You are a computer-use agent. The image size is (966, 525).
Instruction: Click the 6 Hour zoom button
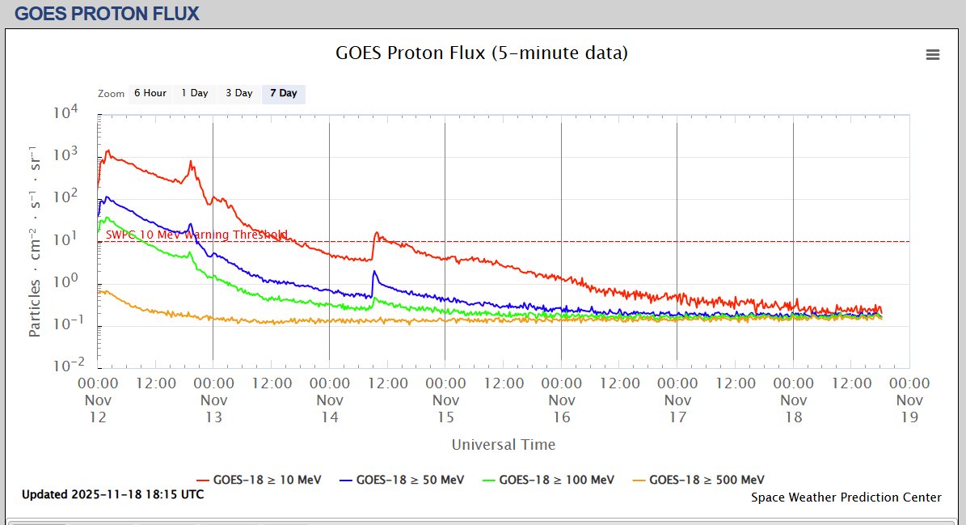click(150, 93)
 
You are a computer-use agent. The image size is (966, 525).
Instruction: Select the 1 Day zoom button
click(195, 93)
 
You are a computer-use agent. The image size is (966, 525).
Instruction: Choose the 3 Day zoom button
click(239, 93)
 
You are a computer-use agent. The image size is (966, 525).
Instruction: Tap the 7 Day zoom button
click(284, 93)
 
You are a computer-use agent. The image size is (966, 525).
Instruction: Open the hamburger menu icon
click(933, 54)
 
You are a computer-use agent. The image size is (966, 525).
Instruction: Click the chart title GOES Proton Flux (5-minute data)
click(482, 53)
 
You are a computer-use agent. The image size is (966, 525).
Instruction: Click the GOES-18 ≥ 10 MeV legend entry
click(267, 480)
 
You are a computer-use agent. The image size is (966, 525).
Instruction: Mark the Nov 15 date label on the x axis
click(445, 409)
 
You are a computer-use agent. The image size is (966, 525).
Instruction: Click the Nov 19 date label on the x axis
click(909, 409)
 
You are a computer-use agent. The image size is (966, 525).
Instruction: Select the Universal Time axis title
click(503, 444)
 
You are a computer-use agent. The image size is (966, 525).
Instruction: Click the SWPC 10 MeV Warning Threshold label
click(196, 235)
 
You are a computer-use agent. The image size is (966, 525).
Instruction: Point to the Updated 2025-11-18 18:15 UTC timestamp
click(113, 494)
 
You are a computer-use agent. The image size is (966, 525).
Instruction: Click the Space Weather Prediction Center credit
click(846, 497)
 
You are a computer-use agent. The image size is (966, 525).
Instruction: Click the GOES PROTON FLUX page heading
click(107, 13)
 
